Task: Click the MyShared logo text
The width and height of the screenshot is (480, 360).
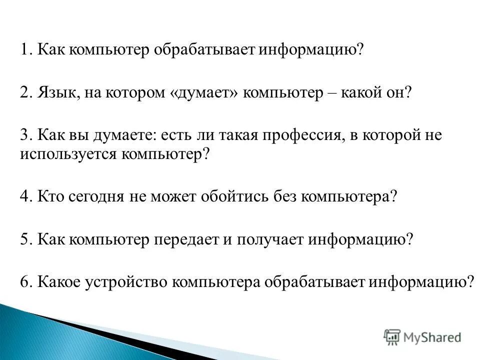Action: pos(431,337)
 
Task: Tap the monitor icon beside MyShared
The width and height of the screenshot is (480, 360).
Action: pos(392,337)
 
